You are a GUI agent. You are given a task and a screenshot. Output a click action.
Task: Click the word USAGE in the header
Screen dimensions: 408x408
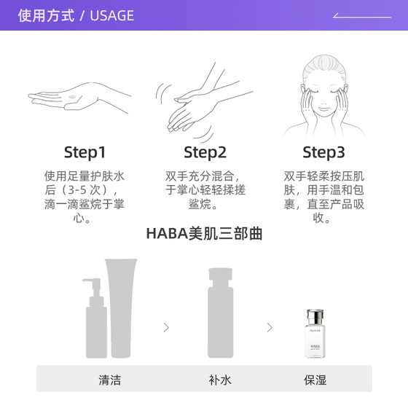112,15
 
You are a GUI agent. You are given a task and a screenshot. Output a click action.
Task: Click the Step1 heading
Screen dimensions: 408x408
85,153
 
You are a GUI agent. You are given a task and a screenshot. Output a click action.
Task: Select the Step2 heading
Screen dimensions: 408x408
205,153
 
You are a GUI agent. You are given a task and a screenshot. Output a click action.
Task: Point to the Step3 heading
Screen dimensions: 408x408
323,153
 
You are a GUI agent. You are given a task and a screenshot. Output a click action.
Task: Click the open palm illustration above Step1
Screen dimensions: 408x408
78,101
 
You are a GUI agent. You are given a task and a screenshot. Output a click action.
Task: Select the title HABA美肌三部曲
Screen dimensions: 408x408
204,234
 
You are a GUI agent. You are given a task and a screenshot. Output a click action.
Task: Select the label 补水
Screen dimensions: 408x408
219,380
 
